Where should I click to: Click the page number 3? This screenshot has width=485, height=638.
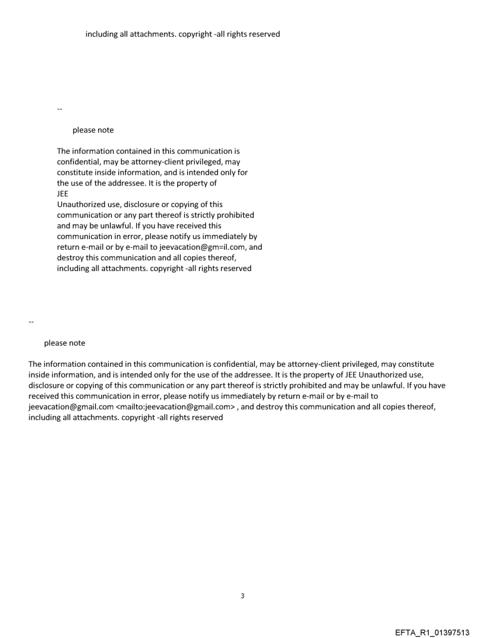tap(242, 596)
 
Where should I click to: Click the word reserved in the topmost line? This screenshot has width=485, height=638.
tap(264, 34)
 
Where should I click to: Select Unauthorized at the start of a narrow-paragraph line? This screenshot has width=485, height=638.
tap(81, 205)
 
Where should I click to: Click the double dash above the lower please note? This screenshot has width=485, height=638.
tap(32, 322)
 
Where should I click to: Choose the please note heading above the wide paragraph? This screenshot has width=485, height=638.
tap(64, 343)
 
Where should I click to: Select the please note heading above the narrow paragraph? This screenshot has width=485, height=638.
tap(93, 130)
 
